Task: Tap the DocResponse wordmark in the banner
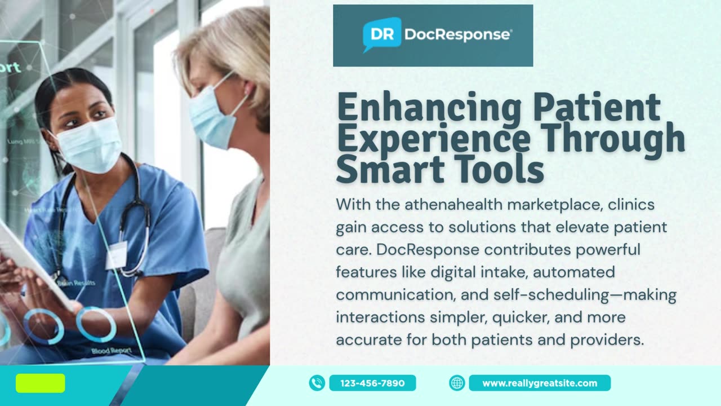pyautogui.click(x=457, y=35)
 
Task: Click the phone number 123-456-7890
pyautogui.click(x=372, y=383)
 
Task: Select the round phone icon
pyautogui.click(x=317, y=383)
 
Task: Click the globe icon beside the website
pyautogui.click(x=457, y=383)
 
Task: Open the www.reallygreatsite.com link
pyautogui.click(x=539, y=383)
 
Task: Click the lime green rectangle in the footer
pyautogui.click(x=40, y=383)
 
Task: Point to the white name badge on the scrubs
pyautogui.click(x=116, y=255)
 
